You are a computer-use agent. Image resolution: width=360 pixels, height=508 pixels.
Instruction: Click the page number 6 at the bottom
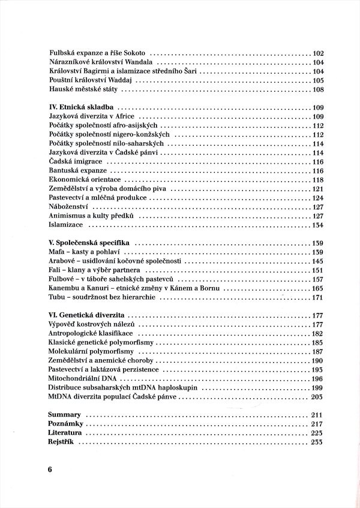[x=51, y=470]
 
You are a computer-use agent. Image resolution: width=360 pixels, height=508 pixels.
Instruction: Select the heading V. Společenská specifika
[x=89, y=243]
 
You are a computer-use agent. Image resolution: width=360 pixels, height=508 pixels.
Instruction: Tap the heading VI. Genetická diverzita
[x=87, y=315]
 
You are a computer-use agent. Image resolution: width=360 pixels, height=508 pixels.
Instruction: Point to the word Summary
[x=64, y=415]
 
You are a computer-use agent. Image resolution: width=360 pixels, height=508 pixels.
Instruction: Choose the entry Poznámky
[x=64, y=424]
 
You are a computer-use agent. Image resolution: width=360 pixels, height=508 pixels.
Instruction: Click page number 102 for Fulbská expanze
[x=318, y=53]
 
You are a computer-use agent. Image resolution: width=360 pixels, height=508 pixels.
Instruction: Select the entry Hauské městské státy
[x=84, y=89]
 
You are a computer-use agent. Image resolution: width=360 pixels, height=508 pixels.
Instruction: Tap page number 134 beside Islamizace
[x=318, y=225]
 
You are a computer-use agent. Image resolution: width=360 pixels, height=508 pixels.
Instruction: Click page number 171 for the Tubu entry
[x=318, y=297]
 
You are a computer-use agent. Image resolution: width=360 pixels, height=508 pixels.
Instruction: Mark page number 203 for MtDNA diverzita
[x=318, y=397]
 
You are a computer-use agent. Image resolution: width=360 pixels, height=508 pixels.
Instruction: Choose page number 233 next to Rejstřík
[x=318, y=442]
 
